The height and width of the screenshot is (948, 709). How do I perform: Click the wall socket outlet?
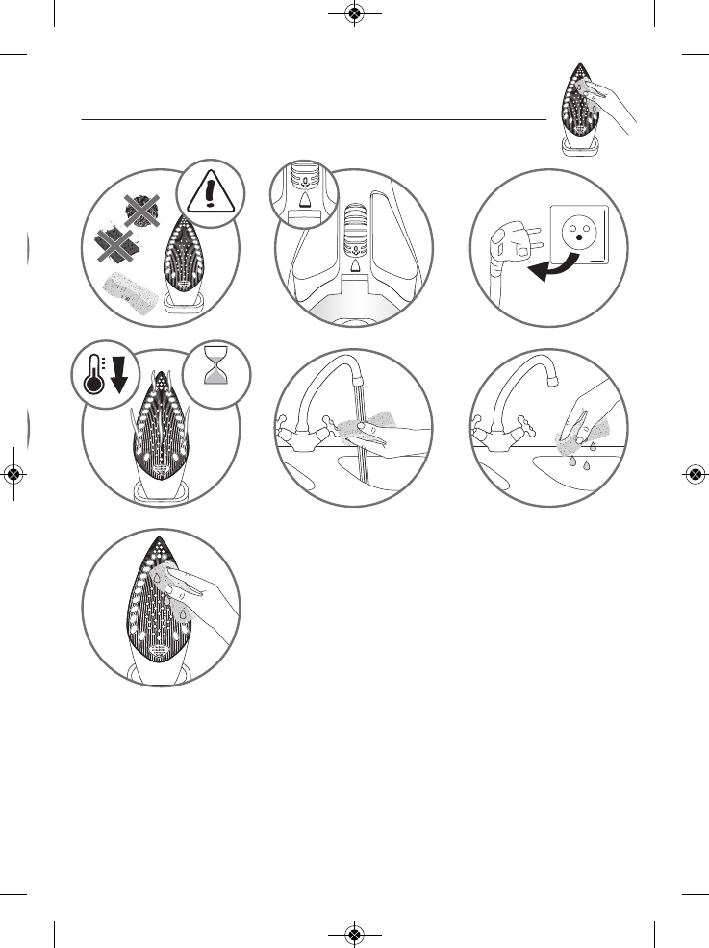pyautogui.click(x=579, y=235)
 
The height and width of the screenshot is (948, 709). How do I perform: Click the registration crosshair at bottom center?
pyautogui.click(x=354, y=934)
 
